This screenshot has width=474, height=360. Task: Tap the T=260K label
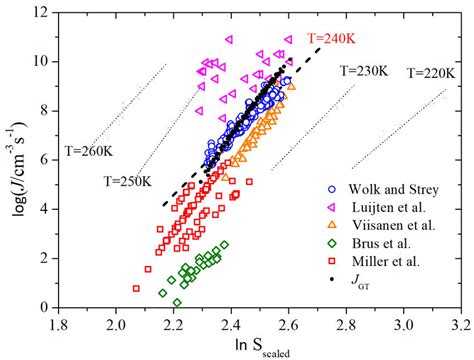click(x=92, y=150)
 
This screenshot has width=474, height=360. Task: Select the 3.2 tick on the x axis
click(x=461, y=324)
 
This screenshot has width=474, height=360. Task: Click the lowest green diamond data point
click(x=177, y=301)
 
